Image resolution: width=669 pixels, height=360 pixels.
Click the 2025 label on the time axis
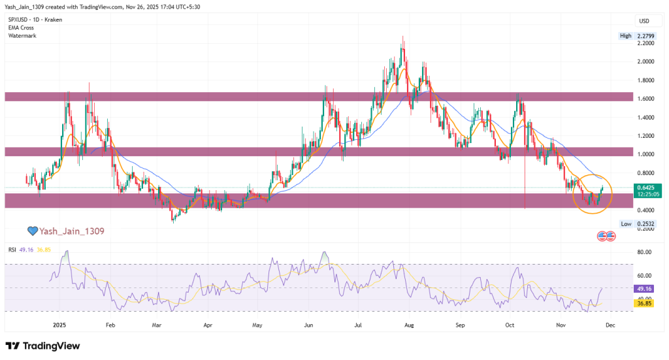pos(60,324)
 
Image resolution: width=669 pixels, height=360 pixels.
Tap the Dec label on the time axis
pos(609,324)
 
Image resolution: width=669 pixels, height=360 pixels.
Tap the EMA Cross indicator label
pos(22,27)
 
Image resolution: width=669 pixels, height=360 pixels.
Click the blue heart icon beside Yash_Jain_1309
pos(31,231)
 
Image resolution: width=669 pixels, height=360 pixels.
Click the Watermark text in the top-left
pos(22,35)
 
